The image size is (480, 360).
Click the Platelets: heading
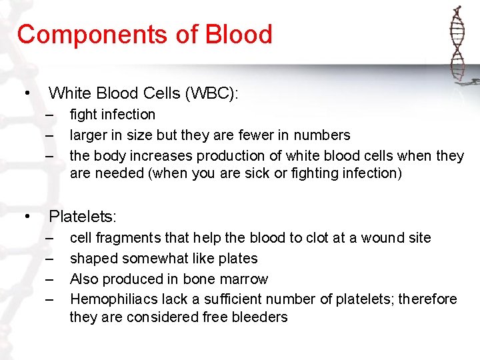click(83, 216)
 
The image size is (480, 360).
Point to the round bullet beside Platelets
click(27, 216)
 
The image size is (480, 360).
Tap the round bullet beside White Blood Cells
click(27, 93)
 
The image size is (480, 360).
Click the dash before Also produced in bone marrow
click(50, 279)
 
